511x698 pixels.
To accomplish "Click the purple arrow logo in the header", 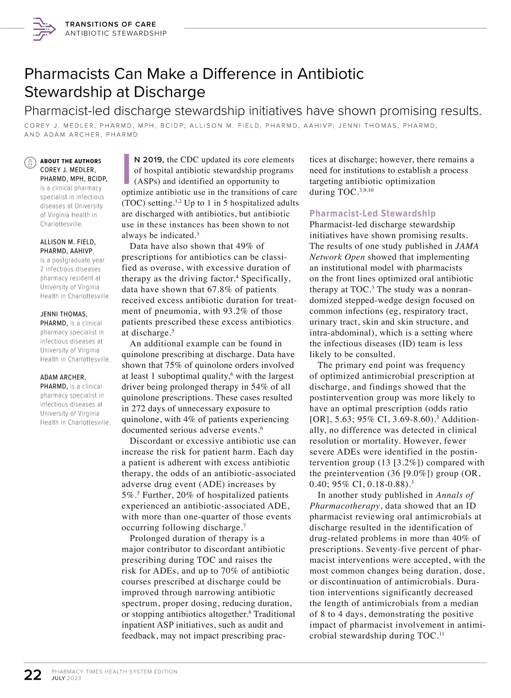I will (x=44, y=29).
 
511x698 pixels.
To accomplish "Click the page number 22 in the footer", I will (x=33, y=675).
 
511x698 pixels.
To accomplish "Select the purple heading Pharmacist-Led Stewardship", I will (x=372, y=213).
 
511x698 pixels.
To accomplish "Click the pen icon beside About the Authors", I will (x=30, y=162).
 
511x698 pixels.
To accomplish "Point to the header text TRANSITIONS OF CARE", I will (x=110, y=24).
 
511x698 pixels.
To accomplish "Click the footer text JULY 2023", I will (x=66, y=678).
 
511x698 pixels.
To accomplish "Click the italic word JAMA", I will (x=467, y=246).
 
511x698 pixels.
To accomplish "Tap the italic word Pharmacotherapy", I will (x=344, y=506).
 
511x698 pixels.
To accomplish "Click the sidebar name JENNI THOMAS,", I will (x=63, y=314).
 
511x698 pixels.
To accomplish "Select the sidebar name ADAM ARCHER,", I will (x=63, y=377).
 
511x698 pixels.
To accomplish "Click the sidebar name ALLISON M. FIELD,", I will (x=68, y=242).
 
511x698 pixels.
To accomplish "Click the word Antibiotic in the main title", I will (x=330, y=74).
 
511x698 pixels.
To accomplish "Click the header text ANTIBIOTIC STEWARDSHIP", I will (x=116, y=33).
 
